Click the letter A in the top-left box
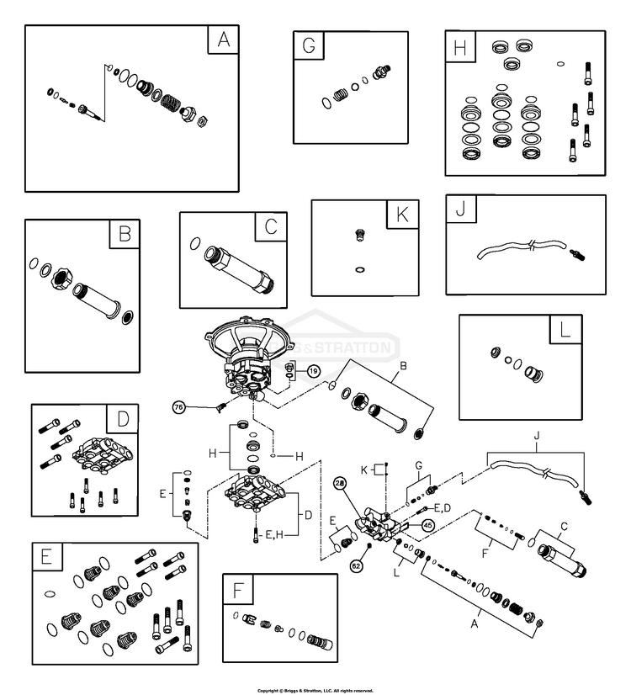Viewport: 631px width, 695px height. pos(223,40)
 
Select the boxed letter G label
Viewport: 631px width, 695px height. pos(309,46)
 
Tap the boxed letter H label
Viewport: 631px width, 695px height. pos(459,46)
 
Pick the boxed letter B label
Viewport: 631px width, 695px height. pos(125,235)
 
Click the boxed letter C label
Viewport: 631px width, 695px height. pos(270,226)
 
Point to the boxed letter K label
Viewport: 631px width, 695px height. pos(401,215)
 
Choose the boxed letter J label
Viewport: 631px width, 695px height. pos(460,210)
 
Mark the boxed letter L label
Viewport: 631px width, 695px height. pos(565,330)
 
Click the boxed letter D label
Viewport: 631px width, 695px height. pos(123,418)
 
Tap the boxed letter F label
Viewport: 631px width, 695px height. pos(238,590)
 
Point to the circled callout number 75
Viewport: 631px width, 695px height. pos(178,406)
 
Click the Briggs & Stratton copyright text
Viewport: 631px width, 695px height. pos(315,690)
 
